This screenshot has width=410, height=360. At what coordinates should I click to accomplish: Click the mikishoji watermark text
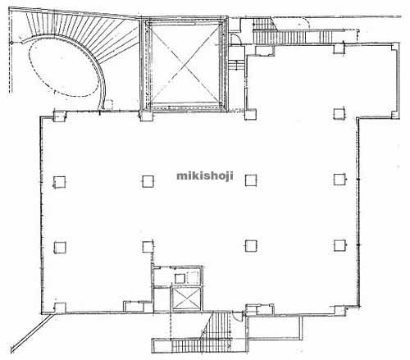coord(205,176)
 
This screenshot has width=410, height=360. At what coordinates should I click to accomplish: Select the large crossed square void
coord(184,65)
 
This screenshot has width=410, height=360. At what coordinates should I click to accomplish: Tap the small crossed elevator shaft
coord(186,298)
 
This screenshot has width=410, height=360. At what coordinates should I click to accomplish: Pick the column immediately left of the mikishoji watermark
coord(148,181)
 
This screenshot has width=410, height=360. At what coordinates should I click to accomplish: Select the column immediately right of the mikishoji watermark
coord(251,180)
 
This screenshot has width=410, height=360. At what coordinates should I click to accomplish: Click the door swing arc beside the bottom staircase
coord(239,317)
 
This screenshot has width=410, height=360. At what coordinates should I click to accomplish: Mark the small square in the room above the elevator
coord(180,279)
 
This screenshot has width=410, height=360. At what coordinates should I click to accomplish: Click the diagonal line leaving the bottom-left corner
coord(30,333)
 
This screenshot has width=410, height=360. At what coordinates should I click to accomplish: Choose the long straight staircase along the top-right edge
coord(294,37)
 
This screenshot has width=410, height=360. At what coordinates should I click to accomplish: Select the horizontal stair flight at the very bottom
coord(201,346)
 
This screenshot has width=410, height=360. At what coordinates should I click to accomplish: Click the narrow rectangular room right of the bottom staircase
coord(275,328)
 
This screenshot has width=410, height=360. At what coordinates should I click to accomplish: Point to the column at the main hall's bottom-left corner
coord(60,308)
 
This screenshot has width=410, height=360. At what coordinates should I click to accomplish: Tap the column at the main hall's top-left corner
coord(60,116)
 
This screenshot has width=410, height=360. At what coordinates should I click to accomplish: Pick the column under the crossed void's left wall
coord(147,116)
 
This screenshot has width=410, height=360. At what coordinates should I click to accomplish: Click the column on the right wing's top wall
coord(339,48)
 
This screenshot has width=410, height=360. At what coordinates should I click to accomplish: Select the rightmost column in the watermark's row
coord(339,180)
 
